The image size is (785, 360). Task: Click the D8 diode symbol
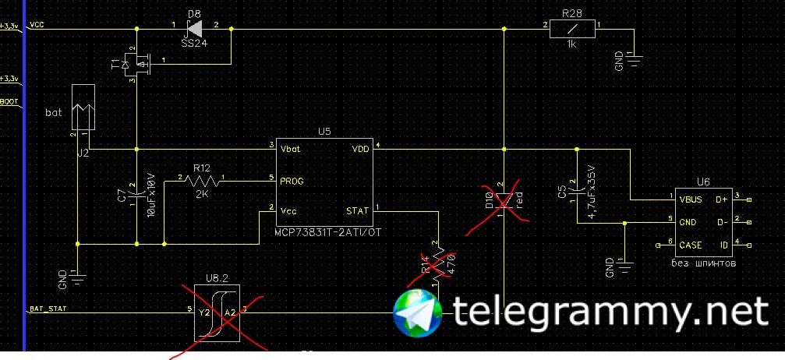195,29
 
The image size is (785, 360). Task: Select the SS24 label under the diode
194,44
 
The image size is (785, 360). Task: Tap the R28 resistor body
573,29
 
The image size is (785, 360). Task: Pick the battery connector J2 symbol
83,107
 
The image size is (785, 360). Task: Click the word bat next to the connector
53,112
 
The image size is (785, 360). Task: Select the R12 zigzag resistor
202,180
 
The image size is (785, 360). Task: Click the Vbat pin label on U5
291,148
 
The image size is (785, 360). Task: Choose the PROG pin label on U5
292,181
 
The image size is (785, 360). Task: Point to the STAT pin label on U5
358,210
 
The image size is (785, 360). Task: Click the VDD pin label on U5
360,148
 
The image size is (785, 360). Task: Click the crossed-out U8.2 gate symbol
217,312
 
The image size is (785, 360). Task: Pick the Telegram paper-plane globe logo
419,313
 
